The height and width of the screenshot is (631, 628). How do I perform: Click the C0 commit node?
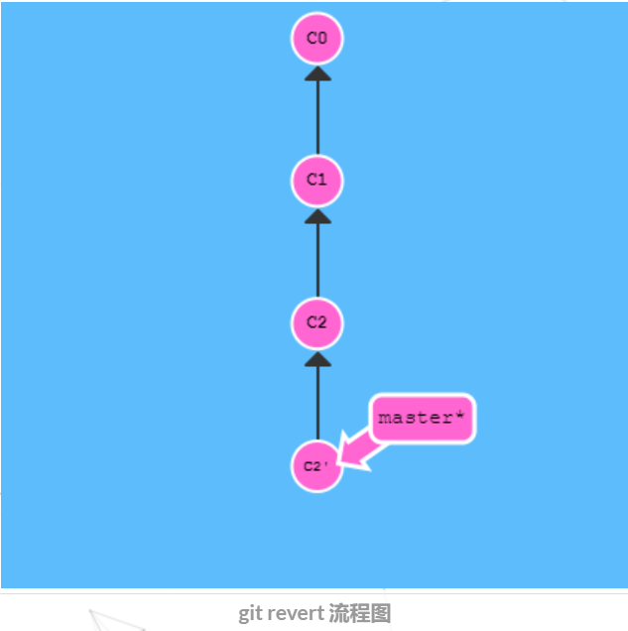point(316,38)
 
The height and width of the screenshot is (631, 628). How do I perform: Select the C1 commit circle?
point(316,180)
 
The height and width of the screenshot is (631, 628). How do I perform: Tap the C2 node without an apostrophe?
point(316,322)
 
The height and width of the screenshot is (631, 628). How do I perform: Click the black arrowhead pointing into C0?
point(317,73)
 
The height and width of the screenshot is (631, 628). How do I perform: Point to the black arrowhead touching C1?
point(317,215)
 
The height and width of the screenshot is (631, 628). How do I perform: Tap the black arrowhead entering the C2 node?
point(317,358)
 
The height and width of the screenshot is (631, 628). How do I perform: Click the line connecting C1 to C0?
point(317,119)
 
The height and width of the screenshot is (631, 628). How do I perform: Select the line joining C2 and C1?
point(317,261)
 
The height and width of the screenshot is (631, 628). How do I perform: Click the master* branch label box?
point(422,418)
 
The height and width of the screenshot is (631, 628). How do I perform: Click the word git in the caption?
point(250,613)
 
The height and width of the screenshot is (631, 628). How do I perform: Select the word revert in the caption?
point(296,613)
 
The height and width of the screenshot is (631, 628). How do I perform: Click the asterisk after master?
point(459,416)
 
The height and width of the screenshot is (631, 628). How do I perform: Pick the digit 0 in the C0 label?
point(321,38)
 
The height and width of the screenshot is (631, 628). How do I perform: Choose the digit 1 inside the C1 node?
point(321,180)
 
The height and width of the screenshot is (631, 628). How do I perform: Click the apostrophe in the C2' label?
point(326,464)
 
